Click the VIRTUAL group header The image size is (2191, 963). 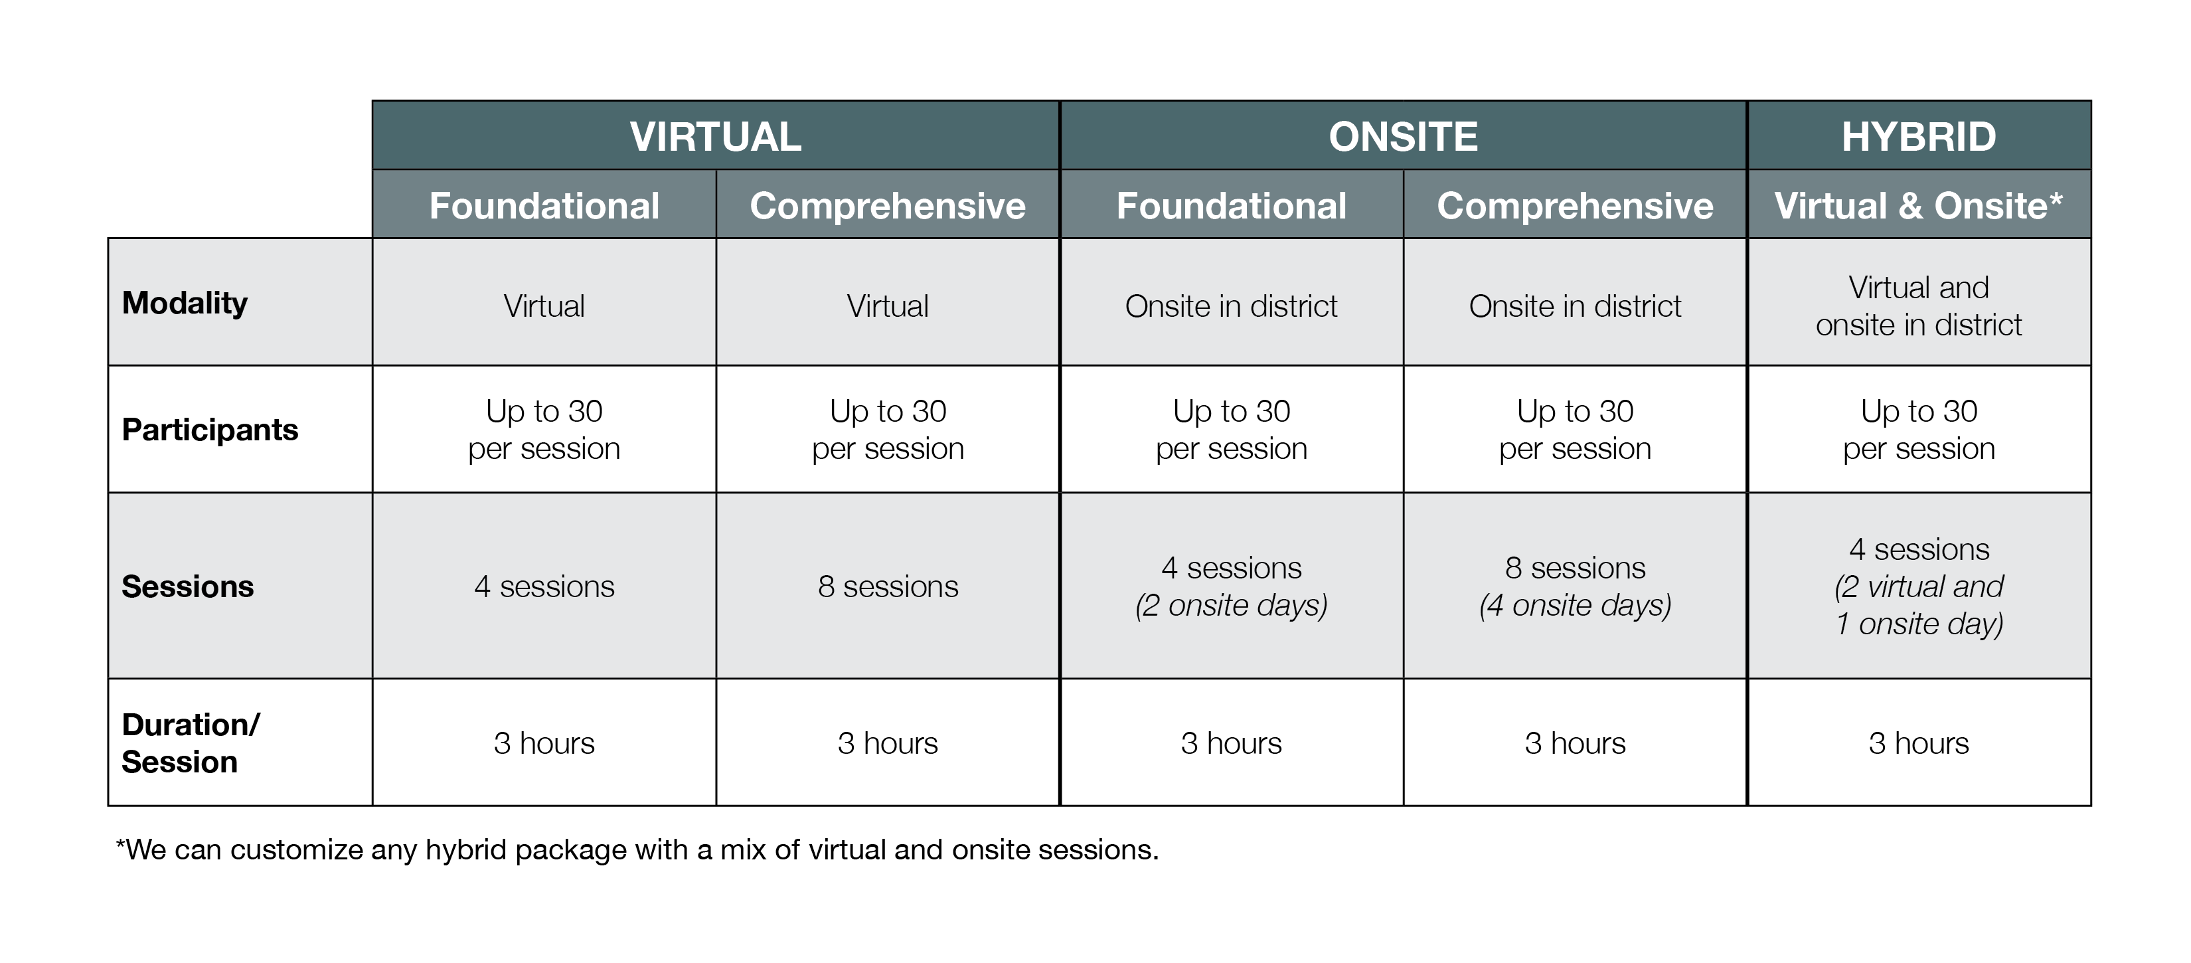[x=715, y=137]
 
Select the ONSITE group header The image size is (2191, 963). [x=1404, y=137]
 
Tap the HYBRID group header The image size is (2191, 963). [x=1919, y=137]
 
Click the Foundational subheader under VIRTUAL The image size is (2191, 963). [x=544, y=206]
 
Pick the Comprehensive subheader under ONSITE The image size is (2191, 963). [x=1576, y=206]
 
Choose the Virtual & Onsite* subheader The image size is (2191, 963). [x=1919, y=206]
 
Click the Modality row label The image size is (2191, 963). [x=185, y=303]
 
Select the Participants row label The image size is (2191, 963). [x=210, y=430]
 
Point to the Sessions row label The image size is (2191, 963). [x=188, y=586]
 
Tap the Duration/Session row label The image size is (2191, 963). [x=191, y=743]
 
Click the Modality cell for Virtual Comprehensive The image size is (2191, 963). [x=888, y=306]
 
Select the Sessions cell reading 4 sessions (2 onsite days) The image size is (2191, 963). [x=1232, y=586]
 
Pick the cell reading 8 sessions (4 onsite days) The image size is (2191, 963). [x=1576, y=586]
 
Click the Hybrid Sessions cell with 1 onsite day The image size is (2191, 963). [x=1919, y=586]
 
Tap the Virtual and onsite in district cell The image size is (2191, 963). [x=1919, y=306]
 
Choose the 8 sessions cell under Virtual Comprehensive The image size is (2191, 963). [x=888, y=586]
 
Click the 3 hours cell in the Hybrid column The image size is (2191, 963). [x=1919, y=743]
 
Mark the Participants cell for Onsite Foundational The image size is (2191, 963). [x=1232, y=430]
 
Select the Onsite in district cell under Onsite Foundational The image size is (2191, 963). [x=1232, y=306]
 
